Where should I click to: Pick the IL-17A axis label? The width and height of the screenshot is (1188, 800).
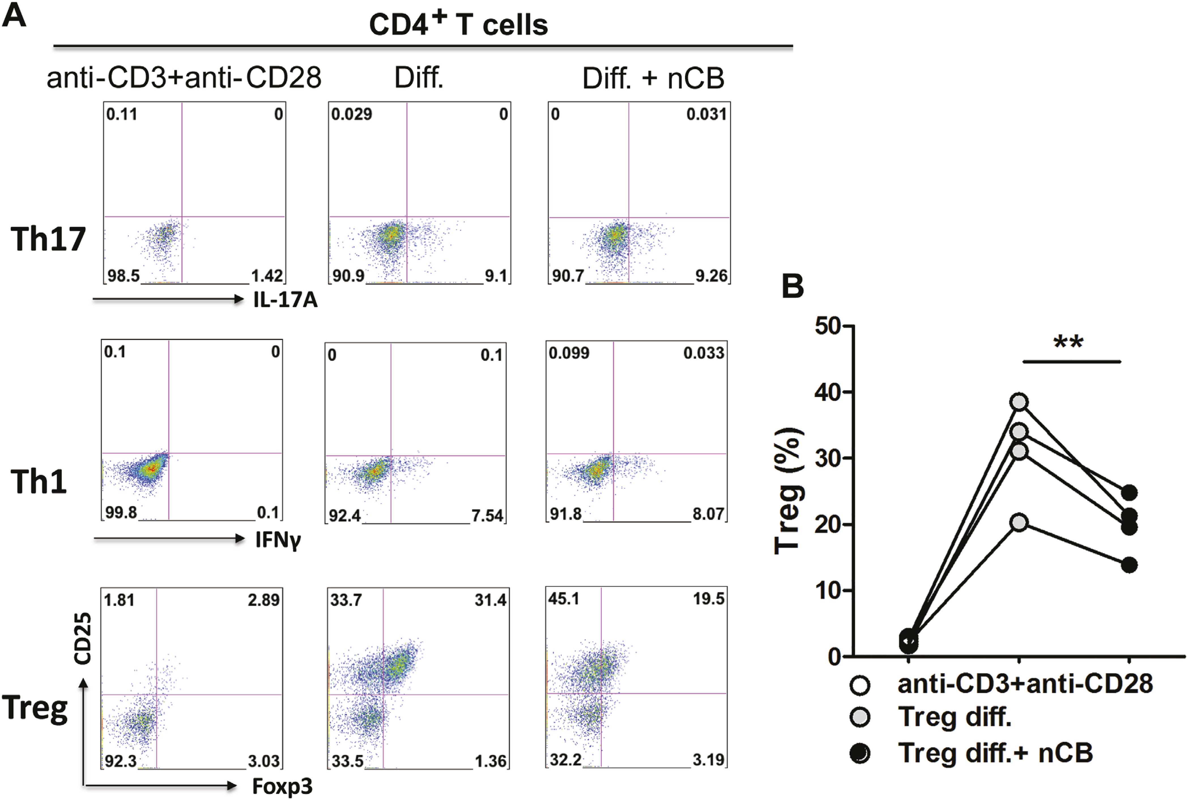click(285, 300)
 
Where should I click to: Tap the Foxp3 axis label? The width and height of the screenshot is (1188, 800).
click(282, 786)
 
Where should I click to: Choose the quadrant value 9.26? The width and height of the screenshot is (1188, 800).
click(711, 276)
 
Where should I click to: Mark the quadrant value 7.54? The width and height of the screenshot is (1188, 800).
click(487, 516)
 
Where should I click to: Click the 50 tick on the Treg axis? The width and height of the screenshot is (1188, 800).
click(828, 326)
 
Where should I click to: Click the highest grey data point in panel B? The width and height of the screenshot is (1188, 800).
click(1019, 402)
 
